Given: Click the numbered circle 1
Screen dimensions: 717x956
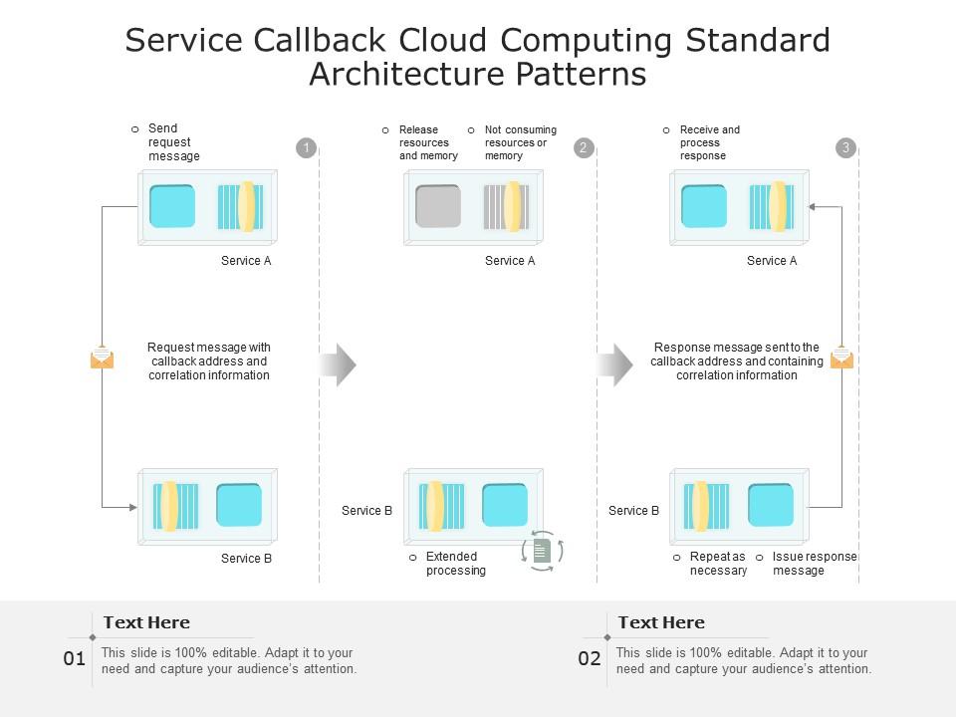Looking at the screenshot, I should click(x=307, y=148).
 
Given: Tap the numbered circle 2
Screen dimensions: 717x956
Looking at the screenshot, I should click(x=584, y=148).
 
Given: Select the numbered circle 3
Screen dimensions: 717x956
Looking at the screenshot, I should click(x=845, y=148).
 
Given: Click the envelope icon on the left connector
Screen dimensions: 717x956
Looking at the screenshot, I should click(x=102, y=358).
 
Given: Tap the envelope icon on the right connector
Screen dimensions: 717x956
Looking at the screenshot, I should click(x=841, y=357).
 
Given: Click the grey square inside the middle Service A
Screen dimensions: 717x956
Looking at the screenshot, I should click(x=438, y=206).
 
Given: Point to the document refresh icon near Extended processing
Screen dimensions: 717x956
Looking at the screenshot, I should click(x=543, y=551).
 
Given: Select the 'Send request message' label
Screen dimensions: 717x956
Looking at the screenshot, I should click(x=173, y=142).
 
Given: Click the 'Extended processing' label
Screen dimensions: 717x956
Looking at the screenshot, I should click(x=455, y=564).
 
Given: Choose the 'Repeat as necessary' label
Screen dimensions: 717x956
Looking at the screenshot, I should click(x=717, y=564).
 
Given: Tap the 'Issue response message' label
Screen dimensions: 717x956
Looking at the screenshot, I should click(x=813, y=564).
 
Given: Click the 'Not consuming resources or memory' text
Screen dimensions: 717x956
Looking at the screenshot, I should click(x=520, y=142).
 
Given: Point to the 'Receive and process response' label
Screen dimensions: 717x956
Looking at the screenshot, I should click(x=709, y=142).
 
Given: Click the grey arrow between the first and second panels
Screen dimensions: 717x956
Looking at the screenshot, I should click(x=338, y=365).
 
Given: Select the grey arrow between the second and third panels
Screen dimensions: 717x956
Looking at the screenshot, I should click(x=614, y=365).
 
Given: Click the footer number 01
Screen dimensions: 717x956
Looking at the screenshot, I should click(x=75, y=658).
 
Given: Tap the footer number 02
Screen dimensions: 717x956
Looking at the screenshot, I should click(x=590, y=658).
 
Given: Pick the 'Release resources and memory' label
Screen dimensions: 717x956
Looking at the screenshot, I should click(x=428, y=142).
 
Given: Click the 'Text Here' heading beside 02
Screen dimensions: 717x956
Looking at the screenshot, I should click(x=661, y=622).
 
